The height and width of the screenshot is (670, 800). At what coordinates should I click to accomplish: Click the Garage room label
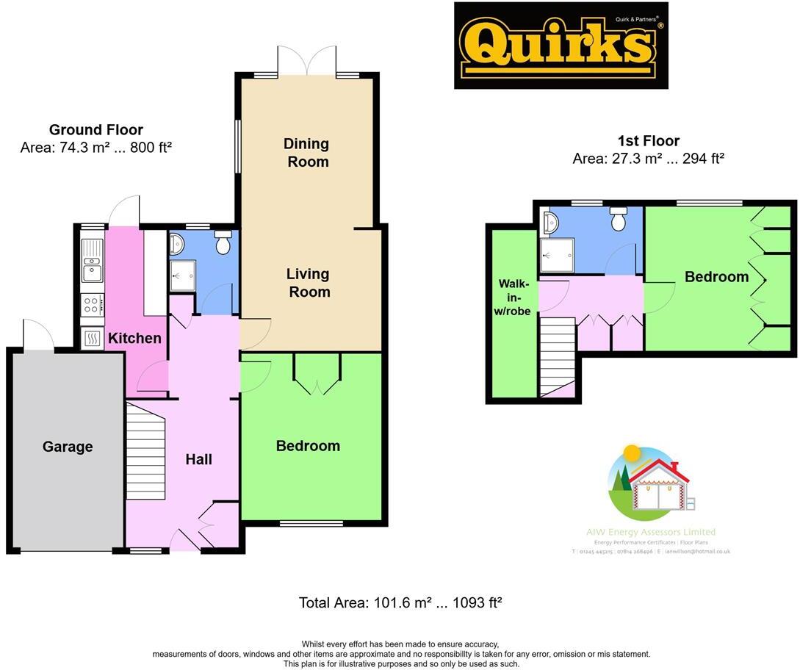[68, 447]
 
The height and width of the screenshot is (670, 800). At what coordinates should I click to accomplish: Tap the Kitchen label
[134, 338]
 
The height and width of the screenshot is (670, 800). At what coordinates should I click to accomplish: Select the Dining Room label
[308, 152]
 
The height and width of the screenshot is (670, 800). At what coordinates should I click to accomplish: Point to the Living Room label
[308, 283]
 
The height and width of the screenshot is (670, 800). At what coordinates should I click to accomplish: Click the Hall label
[198, 459]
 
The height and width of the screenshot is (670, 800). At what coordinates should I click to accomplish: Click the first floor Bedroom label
[716, 277]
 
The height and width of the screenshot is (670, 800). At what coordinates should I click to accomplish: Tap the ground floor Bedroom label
[308, 446]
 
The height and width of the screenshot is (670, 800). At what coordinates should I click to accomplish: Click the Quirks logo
[561, 46]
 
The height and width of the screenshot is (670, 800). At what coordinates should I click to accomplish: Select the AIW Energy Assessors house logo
[649, 485]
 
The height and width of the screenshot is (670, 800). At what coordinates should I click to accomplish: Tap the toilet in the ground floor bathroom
[223, 240]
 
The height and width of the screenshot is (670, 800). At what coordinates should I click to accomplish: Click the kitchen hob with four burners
[93, 304]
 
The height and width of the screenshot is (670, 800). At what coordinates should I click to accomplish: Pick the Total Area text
[400, 603]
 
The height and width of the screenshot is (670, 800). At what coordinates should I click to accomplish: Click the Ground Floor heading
[96, 130]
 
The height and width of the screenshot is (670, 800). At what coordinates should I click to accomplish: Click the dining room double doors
[307, 60]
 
